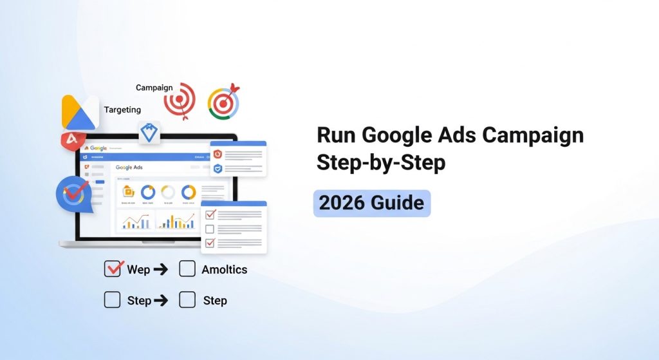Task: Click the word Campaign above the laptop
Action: point(154,88)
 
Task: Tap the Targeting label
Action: point(122,109)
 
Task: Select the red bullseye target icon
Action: point(179,99)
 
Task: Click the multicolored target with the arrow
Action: point(223,102)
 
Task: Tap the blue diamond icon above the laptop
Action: point(149,132)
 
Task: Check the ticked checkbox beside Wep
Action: point(113,269)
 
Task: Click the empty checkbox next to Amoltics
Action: point(187,269)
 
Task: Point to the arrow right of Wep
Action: point(160,270)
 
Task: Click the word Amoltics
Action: point(224,270)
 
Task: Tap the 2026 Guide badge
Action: point(371,204)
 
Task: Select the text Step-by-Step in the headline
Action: point(380,163)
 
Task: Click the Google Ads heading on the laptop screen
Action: point(129,167)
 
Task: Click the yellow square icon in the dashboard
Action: point(129,191)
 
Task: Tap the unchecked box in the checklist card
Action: point(210,229)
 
